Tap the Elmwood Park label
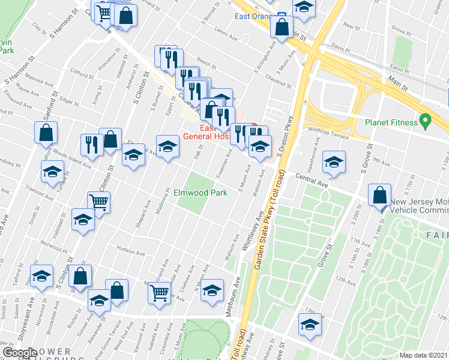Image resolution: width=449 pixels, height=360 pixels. coord(200,193)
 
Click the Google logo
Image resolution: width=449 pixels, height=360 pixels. coord(20,353)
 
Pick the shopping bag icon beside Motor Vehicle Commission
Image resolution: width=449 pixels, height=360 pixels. coord(381,195)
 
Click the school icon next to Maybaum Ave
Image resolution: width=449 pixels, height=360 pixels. coord(212,290)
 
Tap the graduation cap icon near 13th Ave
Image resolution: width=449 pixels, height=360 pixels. coord(310,325)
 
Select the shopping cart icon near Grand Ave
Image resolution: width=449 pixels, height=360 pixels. coord(159,293)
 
